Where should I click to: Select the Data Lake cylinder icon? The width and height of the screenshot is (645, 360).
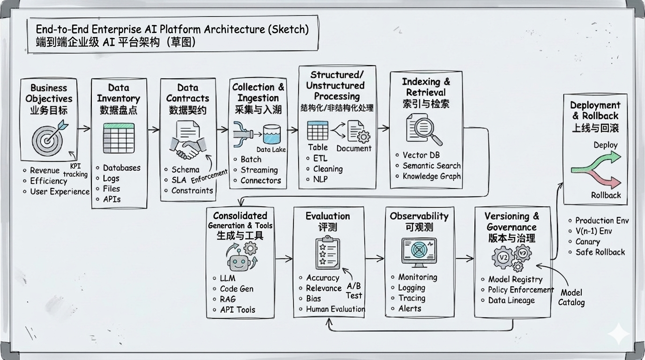[271, 135]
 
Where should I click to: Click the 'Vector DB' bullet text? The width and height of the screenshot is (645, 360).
[421, 155]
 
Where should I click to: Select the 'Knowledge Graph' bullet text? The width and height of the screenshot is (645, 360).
[431, 176]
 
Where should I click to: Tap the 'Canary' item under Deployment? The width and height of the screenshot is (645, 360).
[587, 242]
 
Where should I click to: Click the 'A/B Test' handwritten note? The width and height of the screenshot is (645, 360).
[354, 291]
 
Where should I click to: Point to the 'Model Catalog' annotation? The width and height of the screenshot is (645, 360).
[571, 298]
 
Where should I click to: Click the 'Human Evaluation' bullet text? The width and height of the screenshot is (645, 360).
[335, 309]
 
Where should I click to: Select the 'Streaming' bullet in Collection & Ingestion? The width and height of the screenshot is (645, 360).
[259, 170]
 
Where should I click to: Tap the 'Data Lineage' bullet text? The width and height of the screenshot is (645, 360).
[511, 300]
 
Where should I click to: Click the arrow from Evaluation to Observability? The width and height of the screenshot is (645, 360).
[375, 258]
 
